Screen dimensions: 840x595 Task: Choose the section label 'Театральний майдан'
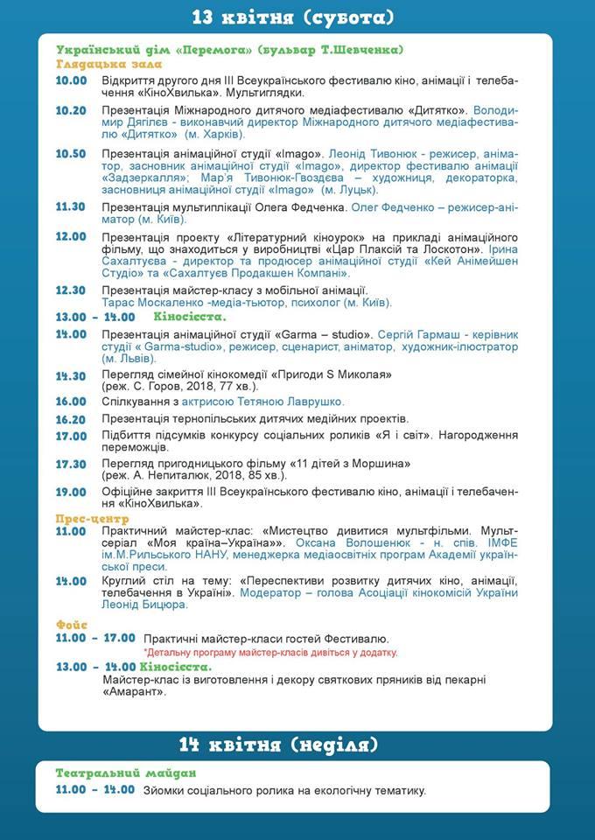point(125,773)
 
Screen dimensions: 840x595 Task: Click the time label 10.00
point(71,81)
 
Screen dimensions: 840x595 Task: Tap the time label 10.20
point(71,111)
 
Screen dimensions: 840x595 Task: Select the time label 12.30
point(71,290)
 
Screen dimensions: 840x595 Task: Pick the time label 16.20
point(71,419)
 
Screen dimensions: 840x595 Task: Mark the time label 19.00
point(71,493)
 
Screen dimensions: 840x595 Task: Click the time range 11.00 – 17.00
point(95,639)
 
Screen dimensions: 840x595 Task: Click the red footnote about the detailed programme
point(270,653)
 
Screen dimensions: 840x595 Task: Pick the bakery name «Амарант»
point(134,692)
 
